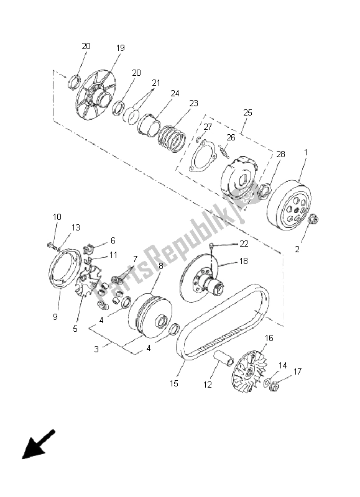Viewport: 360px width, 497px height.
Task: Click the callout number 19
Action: coord(121,48)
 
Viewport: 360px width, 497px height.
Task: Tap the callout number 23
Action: coord(194,103)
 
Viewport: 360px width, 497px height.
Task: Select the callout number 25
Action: coord(247,112)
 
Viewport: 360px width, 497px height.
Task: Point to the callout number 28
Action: coord(280,154)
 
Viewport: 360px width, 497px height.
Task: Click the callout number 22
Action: coord(244,244)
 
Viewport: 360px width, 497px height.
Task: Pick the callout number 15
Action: coord(174,383)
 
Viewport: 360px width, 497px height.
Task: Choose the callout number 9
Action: coord(55,317)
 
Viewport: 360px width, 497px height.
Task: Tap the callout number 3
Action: coord(96,349)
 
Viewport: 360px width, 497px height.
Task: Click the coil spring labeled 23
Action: coord(172,139)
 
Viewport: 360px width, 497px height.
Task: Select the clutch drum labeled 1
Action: coord(289,205)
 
